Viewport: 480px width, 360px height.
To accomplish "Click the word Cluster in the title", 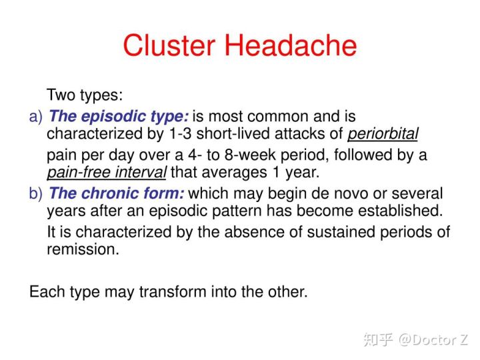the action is [169, 45].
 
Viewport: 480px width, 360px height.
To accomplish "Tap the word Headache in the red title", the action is [291, 45].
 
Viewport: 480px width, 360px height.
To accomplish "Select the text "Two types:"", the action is [85, 95].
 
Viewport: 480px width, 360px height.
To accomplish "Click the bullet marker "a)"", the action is [36, 117].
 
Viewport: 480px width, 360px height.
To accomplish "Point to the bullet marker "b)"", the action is [36, 193].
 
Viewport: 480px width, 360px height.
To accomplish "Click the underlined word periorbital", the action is [383, 134].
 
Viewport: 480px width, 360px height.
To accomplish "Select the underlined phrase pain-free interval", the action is [107, 172].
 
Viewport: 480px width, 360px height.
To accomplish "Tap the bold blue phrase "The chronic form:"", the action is [117, 193].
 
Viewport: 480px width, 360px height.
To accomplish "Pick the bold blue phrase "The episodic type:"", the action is [119, 117].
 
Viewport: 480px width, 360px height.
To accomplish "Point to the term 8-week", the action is [250, 155].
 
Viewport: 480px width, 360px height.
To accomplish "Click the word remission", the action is [83, 249].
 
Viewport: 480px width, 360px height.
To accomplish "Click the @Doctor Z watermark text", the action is [433, 340].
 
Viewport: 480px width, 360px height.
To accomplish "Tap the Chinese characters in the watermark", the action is [378, 340].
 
